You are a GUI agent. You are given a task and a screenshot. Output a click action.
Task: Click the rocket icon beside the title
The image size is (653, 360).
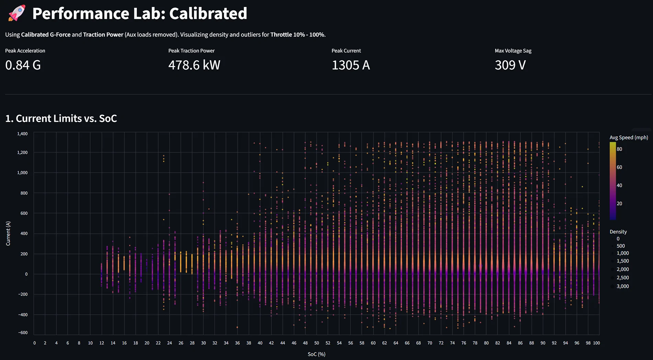click(17, 13)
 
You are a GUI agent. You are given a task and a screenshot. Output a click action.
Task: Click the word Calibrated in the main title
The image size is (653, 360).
click(208, 14)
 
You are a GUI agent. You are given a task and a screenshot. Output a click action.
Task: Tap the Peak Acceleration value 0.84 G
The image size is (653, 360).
click(23, 65)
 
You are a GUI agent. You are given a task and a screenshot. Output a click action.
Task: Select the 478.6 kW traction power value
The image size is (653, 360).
click(194, 65)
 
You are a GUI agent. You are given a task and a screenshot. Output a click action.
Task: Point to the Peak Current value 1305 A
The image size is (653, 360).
click(351, 65)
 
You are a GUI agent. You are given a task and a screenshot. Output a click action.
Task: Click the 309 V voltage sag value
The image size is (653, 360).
click(510, 65)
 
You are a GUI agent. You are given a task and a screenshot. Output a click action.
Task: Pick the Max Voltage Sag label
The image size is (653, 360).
click(513, 51)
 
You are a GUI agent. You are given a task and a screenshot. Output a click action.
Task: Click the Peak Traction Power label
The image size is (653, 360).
click(191, 51)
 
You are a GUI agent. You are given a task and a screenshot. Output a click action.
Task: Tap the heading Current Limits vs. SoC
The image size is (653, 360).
click(61, 118)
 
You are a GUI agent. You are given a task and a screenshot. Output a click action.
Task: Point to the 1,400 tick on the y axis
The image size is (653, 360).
click(22, 134)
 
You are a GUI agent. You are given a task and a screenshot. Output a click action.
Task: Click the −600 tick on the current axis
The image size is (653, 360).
click(22, 332)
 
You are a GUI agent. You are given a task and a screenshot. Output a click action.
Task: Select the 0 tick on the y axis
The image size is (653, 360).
click(26, 274)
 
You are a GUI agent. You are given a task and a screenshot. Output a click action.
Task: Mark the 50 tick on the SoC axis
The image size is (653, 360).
click(317, 343)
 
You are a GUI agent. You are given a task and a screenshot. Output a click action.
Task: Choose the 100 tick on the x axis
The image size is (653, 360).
click(596, 343)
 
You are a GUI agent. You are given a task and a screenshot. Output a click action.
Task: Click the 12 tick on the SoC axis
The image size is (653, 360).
click(102, 343)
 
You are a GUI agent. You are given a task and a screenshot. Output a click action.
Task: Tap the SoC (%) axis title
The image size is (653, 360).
click(317, 354)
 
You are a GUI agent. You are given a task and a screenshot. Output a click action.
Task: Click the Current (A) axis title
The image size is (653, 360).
click(8, 233)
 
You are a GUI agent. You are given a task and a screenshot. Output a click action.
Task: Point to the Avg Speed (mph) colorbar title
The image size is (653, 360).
click(629, 138)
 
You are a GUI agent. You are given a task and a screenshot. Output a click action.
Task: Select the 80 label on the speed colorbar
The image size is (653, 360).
click(619, 149)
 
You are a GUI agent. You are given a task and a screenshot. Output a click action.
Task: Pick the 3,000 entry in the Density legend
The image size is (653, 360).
click(622, 286)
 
